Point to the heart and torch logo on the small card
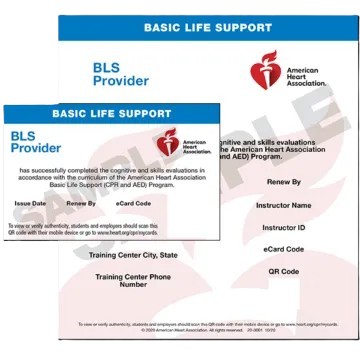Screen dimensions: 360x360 (167, 142)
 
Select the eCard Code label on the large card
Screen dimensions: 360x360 (283, 249)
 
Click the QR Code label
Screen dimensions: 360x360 (283, 271)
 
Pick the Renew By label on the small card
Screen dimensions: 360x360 (81, 203)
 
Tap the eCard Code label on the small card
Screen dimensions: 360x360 (134, 203)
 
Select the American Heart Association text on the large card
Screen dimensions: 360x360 (309, 73)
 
